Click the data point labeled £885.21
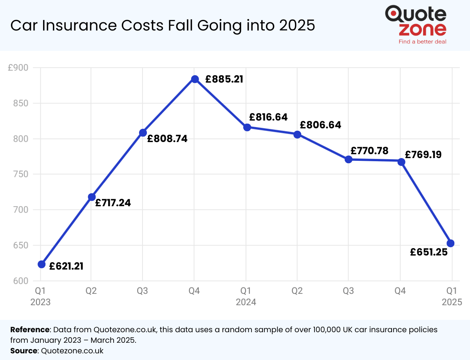click(x=195, y=79)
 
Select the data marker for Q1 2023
click(x=42, y=264)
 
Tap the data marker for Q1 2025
click(x=450, y=243)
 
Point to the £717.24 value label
click(x=113, y=203)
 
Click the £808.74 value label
click(x=167, y=139)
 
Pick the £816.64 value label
click(x=268, y=117)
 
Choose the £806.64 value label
click(x=320, y=125)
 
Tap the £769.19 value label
click(x=423, y=155)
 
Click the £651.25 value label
click(x=429, y=252)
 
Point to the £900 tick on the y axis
click(x=18, y=68)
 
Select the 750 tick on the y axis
click(x=21, y=174)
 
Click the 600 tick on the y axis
click(x=21, y=281)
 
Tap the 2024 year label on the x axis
click(x=246, y=302)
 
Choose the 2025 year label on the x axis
click(x=452, y=302)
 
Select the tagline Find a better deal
click(x=422, y=41)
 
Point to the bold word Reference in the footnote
click(x=30, y=329)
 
